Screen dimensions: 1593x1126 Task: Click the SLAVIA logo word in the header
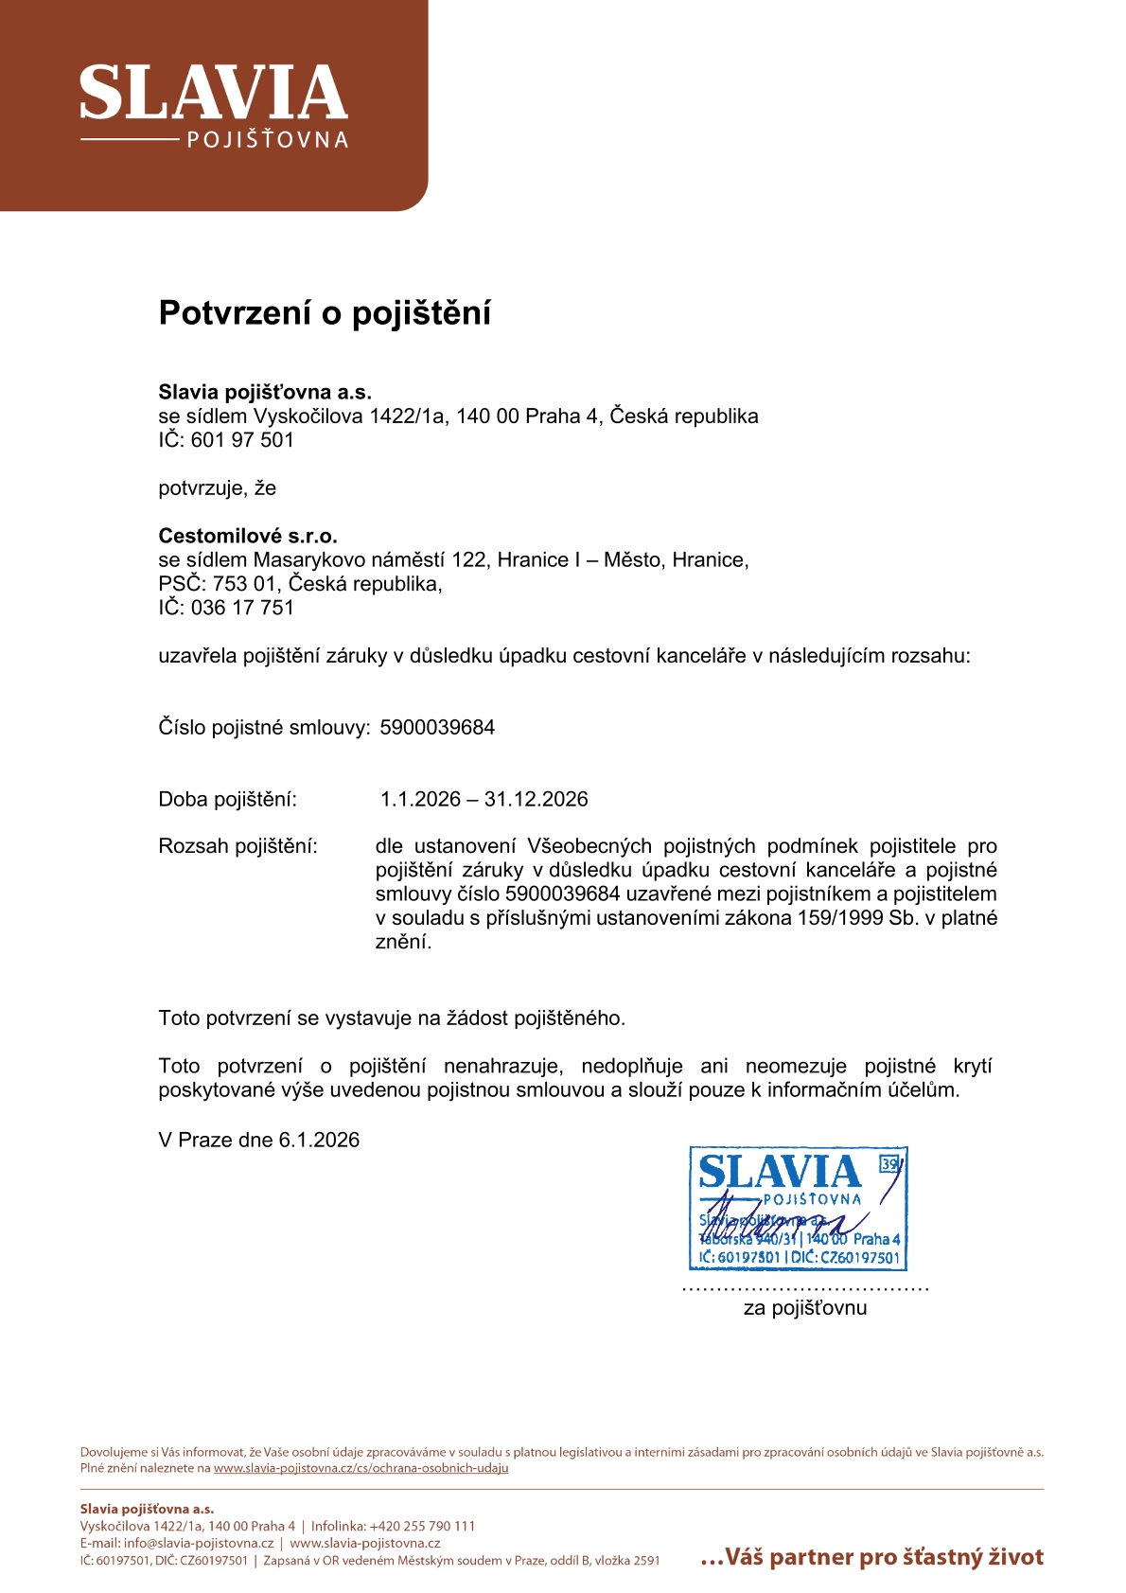(x=213, y=94)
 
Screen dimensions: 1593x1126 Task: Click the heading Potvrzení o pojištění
(x=325, y=312)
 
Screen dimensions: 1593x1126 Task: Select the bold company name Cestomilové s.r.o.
(x=248, y=536)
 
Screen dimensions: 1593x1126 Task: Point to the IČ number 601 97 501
(x=242, y=440)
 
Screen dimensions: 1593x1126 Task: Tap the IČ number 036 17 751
(x=242, y=608)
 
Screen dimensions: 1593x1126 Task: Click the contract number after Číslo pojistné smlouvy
(x=437, y=727)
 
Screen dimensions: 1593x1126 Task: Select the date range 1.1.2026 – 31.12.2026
(x=484, y=799)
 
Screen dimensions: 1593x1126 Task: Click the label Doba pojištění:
(x=227, y=799)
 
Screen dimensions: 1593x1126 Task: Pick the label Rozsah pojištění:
(x=238, y=846)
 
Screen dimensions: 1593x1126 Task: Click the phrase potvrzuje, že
(x=217, y=488)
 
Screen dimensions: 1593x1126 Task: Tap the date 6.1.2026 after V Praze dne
(x=319, y=1140)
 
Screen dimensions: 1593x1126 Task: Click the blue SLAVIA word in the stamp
(x=779, y=1172)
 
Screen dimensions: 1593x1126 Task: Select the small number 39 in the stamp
(x=889, y=1164)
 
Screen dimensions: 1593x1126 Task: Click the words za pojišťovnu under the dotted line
(x=804, y=1308)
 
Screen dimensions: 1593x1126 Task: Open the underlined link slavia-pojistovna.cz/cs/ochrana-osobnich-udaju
(x=361, y=1468)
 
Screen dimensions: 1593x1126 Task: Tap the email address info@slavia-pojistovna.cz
(x=199, y=1543)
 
